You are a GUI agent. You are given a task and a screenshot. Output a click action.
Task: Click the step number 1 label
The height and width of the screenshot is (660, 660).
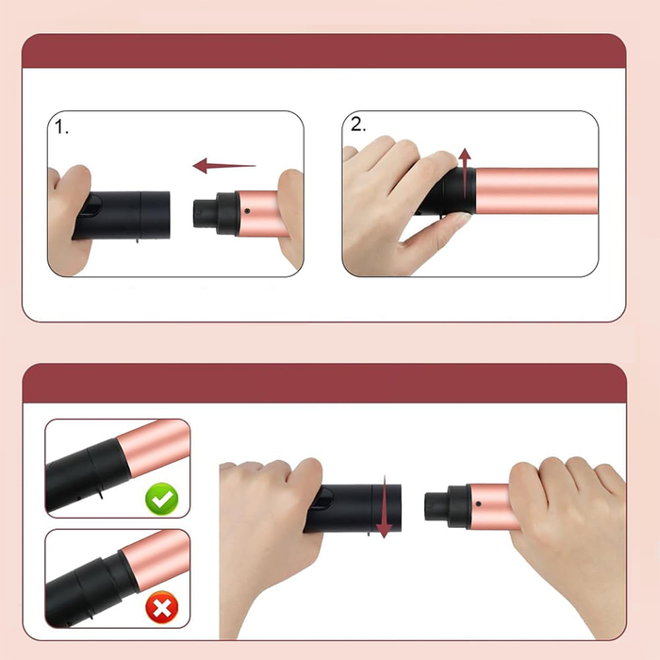[61, 126]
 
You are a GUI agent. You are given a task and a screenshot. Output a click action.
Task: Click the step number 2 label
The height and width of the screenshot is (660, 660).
[358, 124]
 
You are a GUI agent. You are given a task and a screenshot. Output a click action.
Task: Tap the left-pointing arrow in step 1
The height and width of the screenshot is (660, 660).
[223, 165]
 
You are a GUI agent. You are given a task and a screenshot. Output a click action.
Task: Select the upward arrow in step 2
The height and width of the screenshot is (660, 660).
[464, 173]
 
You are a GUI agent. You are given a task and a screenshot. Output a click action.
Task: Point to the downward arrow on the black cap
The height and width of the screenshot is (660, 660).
[384, 507]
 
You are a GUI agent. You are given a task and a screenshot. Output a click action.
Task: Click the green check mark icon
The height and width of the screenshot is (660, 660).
[161, 499]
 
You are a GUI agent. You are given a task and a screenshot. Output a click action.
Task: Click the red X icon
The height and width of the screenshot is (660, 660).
[161, 607]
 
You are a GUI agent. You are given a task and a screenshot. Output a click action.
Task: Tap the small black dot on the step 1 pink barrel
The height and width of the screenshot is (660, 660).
[247, 211]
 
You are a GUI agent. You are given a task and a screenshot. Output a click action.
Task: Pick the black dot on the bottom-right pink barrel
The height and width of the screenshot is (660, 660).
[478, 503]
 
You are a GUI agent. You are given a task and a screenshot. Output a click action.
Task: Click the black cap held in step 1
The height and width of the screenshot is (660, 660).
[122, 215]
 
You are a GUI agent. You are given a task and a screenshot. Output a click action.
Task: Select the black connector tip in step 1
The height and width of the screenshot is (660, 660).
[206, 214]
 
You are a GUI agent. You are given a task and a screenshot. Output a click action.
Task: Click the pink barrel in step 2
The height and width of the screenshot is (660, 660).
[536, 190]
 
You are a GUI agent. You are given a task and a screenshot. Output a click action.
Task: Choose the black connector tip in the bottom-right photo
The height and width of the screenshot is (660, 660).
[437, 506]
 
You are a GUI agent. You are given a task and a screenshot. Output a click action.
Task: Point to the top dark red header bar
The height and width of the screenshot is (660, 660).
[323, 51]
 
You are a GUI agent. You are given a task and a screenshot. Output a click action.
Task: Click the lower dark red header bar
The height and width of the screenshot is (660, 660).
[324, 383]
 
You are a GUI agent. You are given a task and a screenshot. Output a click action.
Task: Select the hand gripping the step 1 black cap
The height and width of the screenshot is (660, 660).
[69, 219]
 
